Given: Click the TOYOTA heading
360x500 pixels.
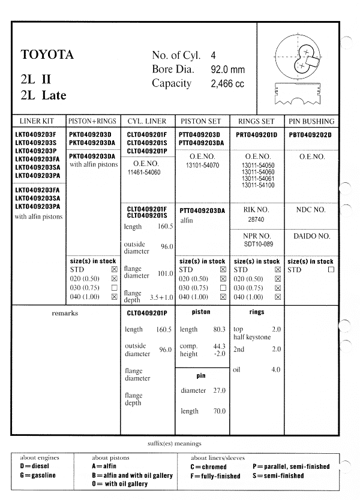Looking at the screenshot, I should pos(47,55).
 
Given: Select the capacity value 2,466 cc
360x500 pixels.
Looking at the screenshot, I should pos(227,84).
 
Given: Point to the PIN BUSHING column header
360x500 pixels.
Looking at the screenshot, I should pos(311,121).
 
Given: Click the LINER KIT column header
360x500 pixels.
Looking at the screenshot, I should pos(37,121).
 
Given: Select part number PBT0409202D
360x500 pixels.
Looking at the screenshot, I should pos(310,135).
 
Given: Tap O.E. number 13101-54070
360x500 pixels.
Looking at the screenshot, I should pos(203,165).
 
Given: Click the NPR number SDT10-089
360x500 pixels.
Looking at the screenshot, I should pos(257,244).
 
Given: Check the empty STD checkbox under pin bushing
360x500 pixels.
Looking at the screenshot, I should pos(331,270).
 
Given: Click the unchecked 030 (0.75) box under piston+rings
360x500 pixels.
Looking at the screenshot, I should pos(115,288).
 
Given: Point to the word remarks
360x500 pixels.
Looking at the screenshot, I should pos(65,313).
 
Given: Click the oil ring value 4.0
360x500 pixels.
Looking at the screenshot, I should pos(275,370).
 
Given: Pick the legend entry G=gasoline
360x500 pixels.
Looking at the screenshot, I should pos(38,475).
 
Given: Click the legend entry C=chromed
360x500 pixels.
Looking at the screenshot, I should pos(209,467).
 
